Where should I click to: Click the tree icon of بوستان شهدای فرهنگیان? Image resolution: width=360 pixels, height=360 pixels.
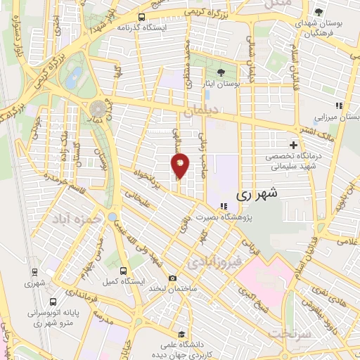coord(319,13)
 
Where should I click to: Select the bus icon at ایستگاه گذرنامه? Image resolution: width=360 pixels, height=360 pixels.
coord(142,17)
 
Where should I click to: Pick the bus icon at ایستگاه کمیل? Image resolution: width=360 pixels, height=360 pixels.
coord(124,270)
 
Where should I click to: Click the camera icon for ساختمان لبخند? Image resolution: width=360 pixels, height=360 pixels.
coord(173,278)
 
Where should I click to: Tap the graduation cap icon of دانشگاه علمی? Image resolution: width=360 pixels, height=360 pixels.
coord(182,333)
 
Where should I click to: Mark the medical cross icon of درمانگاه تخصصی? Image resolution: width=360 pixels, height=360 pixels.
coord(293,145)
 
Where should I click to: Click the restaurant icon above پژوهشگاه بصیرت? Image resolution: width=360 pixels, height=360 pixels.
coord(223,206)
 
